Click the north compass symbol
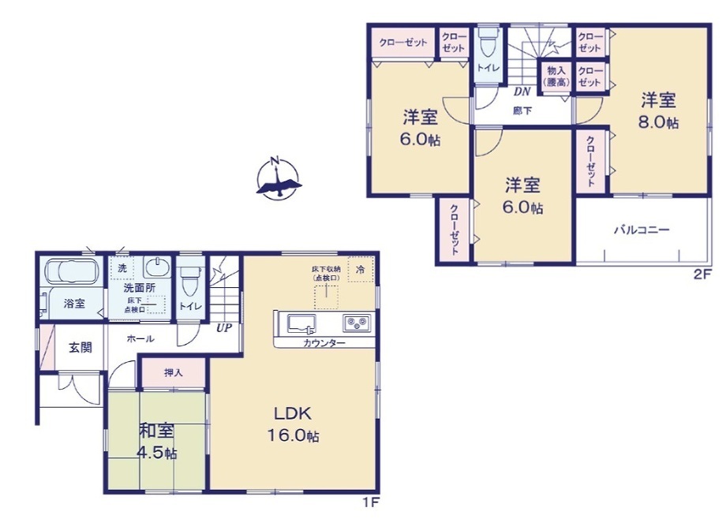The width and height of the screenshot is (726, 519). (276, 177)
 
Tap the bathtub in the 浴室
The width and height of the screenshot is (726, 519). (69, 271)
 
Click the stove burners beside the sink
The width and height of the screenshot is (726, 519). (355, 323)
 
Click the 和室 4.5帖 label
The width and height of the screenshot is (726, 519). (158, 442)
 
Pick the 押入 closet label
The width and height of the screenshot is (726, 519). (173, 372)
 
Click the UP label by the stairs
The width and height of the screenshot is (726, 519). (224, 328)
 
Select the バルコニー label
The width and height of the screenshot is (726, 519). (642, 230)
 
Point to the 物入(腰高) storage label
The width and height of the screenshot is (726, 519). (555, 77)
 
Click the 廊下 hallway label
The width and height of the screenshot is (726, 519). (522, 111)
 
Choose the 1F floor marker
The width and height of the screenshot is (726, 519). (371, 502)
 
